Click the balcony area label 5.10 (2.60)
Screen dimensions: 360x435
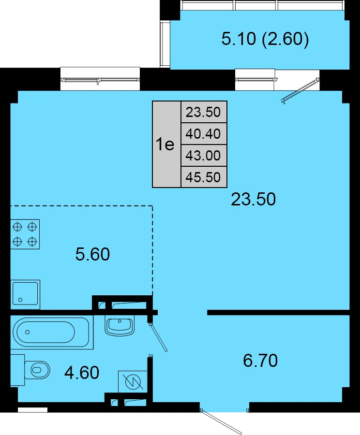pyautogui.click(x=265, y=39)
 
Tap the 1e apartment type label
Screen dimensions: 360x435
pyautogui.click(x=165, y=144)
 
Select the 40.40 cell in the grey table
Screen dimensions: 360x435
pyautogui.click(x=203, y=134)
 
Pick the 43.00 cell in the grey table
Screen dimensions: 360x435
pyautogui.click(x=203, y=155)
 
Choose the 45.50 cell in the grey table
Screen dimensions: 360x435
pyautogui.click(x=203, y=177)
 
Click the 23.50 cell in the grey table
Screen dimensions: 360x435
pyautogui.click(x=203, y=112)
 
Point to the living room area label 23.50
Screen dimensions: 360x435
pyautogui.click(x=254, y=199)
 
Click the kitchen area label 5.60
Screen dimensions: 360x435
pyautogui.click(x=92, y=254)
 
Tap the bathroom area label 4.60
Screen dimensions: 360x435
pyautogui.click(x=82, y=373)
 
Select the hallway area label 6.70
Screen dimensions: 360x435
pyautogui.click(x=260, y=361)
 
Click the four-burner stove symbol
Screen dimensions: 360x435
pyautogui.click(x=25, y=234)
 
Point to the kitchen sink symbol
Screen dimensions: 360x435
pyautogui.click(x=25, y=295)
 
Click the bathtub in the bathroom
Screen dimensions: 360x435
pyautogui.click(x=52, y=332)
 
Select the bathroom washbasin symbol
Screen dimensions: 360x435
pyautogui.click(x=120, y=326)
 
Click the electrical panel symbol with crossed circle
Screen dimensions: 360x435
pyautogui.click(x=133, y=382)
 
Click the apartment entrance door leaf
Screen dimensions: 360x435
pyautogui.click(x=221, y=422)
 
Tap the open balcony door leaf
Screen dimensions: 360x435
pyautogui.click(x=300, y=91)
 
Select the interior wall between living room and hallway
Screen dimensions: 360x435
pyautogui.click(x=278, y=312)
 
